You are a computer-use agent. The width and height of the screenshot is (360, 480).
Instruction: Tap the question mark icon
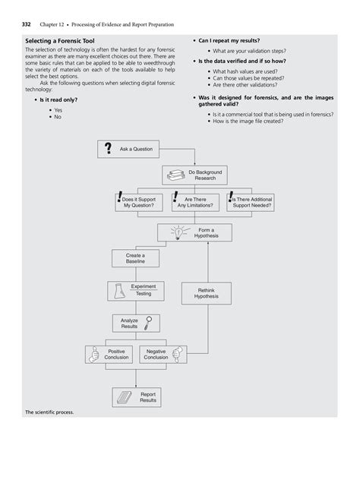pos(109,148)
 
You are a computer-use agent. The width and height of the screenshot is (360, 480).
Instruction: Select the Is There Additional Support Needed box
pos(251,201)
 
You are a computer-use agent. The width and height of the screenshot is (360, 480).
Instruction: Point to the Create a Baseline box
pos(135,259)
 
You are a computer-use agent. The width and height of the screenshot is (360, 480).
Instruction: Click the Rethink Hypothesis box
pos(206,293)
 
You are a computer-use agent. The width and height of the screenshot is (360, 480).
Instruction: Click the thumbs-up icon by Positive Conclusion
pos(96,354)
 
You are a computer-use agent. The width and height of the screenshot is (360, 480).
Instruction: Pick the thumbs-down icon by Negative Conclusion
pos(178,354)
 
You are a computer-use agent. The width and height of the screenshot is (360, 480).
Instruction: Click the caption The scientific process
pos(49,412)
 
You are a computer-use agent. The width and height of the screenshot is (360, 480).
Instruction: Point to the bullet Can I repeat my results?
pos(231,39)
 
